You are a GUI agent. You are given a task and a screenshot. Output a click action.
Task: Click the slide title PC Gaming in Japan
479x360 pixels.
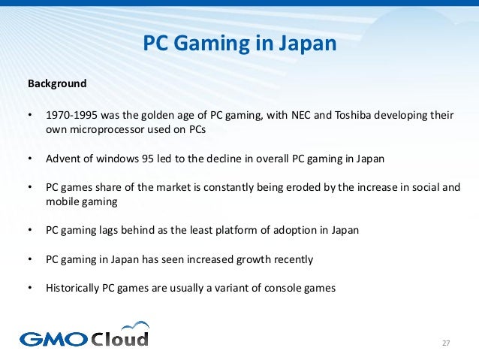point(239,44)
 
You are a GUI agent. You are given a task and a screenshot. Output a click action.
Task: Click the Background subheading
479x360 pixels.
point(57,83)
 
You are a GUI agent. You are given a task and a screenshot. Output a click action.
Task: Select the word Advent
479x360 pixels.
point(62,159)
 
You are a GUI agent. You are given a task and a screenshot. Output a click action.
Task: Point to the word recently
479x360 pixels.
point(294,259)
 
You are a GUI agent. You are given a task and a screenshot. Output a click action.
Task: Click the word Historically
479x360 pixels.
point(74,288)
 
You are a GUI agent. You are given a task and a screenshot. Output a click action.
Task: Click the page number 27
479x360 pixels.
point(445,343)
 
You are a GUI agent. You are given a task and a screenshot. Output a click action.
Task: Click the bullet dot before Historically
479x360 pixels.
point(31,288)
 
